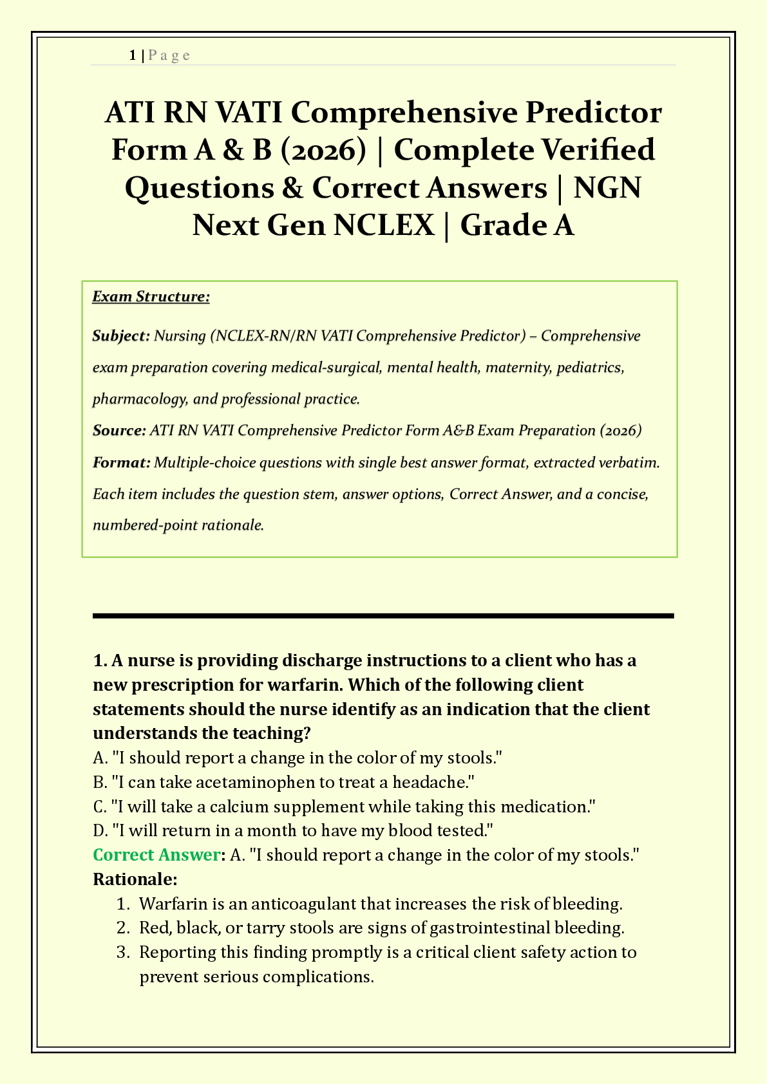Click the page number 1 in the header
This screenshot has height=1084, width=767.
coord(132,55)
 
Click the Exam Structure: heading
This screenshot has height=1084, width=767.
coord(151,297)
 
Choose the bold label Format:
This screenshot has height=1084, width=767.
coord(121,462)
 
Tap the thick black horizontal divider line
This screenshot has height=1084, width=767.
coord(383,616)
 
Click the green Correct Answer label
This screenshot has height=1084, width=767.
coord(156,855)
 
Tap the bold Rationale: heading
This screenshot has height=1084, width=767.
coord(135,879)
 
